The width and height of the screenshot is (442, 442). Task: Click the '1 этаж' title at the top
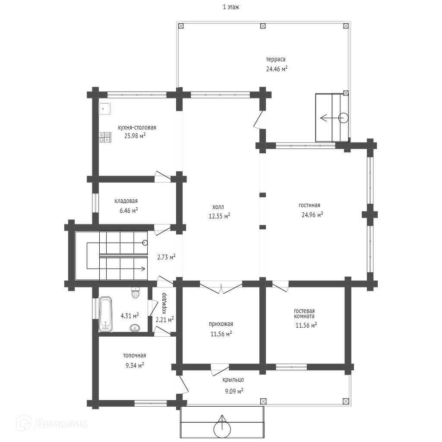[x=231, y=7]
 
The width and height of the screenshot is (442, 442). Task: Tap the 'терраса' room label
[x=276, y=60]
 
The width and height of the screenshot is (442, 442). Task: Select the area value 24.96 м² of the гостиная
[x=313, y=215]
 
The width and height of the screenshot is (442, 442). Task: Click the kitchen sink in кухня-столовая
[x=105, y=108]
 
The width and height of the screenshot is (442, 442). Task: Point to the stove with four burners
[x=104, y=137]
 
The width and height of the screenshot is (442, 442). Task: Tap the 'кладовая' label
[x=126, y=201]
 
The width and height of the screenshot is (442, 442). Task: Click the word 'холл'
[x=218, y=207]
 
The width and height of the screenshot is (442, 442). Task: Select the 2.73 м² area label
[x=166, y=257]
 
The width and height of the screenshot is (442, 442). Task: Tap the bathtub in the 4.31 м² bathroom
[x=105, y=314]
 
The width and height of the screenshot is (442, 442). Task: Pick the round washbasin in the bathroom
[x=135, y=328]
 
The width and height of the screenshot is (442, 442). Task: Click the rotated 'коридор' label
[x=164, y=303]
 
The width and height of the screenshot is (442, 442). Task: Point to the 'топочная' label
[x=135, y=356]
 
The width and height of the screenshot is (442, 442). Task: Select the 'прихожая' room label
[x=221, y=324]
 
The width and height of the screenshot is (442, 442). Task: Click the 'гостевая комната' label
[x=304, y=313]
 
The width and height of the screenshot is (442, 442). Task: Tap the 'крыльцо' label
[x=233, y=379]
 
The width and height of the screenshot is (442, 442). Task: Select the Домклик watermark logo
[x=52, y=423]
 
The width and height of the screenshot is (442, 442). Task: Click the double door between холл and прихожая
[x=221, y=288]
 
